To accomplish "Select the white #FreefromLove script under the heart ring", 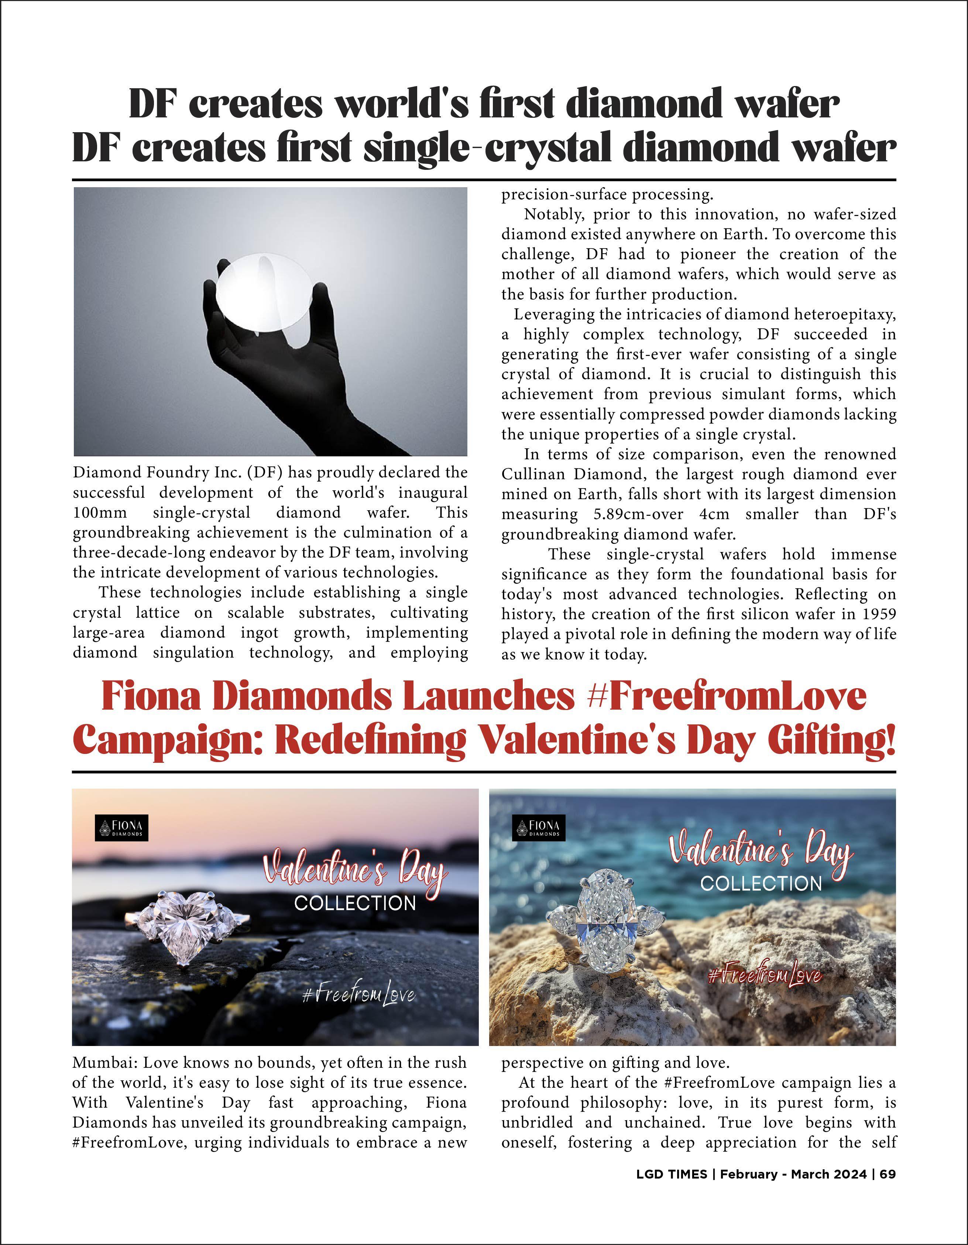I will pyautogui.click(x=358, y=997).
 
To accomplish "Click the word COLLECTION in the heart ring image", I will pyautogui.click(x=354, y=903).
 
